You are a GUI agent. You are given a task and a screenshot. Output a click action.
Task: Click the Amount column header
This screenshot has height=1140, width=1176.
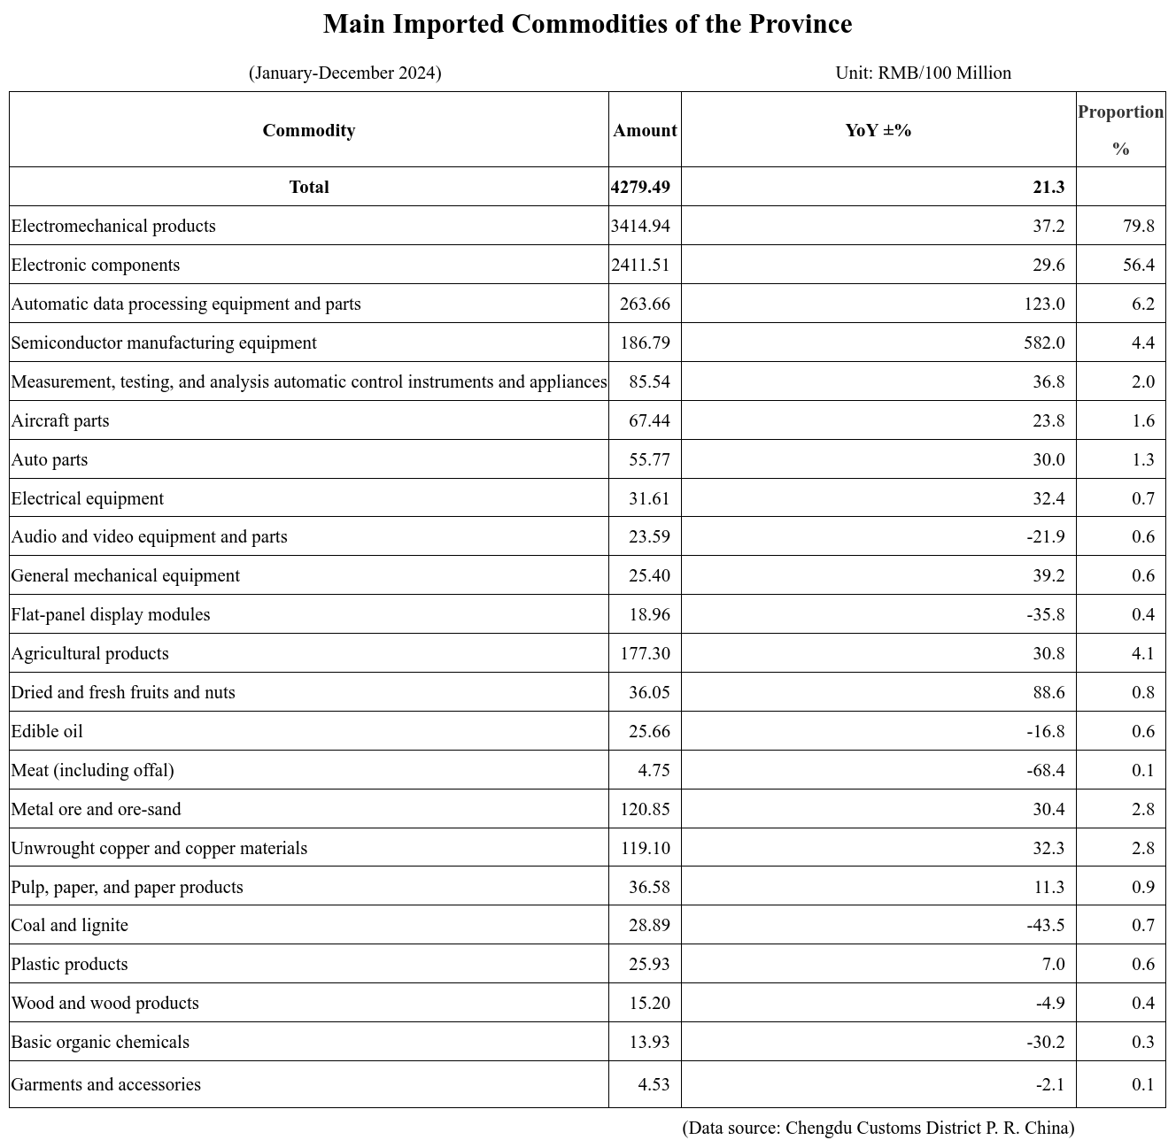point(644,130)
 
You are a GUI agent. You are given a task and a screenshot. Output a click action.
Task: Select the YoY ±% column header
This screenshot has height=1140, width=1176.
point(878,130)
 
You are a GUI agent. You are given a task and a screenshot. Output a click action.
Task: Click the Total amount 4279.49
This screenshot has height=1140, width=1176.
point(640,187)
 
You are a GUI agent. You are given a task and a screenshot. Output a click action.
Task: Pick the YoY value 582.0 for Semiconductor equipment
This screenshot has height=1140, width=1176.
point(1044,343)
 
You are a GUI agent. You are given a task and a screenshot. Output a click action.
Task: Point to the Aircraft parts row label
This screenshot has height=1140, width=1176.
point(60,420)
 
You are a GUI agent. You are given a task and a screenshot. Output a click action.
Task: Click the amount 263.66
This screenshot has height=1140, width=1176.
point(644,304)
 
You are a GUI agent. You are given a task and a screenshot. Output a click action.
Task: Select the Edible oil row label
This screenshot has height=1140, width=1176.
point(47,731)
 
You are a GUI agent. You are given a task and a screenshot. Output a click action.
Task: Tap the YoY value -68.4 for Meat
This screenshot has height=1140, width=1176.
point(1046,770)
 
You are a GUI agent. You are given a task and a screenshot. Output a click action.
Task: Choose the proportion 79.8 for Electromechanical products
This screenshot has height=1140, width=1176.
point(1139,226)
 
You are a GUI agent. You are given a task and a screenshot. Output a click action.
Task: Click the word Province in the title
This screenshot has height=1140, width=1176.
point(801,24)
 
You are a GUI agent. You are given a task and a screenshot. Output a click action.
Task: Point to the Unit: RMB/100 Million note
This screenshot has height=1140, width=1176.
point(923,73)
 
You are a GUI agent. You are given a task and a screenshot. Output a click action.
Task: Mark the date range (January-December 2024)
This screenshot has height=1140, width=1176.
point(345,73)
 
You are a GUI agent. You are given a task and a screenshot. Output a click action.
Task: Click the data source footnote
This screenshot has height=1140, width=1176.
point(878,1128)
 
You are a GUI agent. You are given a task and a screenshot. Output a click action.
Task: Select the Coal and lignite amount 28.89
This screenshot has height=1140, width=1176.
point(649,925)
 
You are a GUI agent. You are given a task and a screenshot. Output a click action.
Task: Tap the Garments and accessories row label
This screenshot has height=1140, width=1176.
point(106,1084)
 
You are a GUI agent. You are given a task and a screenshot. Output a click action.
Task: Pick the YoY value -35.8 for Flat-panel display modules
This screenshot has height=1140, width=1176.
point(1046,614)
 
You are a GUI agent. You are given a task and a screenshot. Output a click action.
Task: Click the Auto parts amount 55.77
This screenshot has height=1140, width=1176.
point(649,459)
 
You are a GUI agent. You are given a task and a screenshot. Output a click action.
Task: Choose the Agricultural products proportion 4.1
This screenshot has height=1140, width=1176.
point(1142,653)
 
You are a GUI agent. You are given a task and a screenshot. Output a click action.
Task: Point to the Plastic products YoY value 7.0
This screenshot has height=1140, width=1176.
point(1053,964)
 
